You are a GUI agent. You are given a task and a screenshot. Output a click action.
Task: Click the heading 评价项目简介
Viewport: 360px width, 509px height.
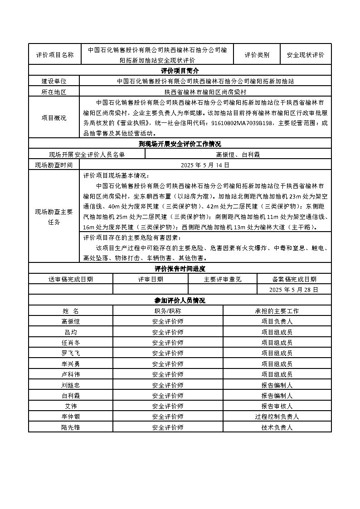tap(180, 71)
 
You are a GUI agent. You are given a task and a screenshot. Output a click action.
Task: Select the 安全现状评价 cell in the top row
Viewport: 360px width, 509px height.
tap(306, 55)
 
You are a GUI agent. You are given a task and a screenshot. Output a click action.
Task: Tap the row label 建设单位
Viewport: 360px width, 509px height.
tap(54, 81)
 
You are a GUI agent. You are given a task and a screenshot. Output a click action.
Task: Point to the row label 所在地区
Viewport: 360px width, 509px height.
tap(54, 92)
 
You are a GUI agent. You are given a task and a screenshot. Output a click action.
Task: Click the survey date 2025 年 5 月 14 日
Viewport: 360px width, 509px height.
tap(205, 165)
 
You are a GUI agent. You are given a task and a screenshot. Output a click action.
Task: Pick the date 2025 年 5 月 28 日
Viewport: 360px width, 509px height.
tap(294, 289)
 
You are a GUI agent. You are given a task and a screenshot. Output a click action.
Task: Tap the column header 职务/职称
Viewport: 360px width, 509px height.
tap(168, 311)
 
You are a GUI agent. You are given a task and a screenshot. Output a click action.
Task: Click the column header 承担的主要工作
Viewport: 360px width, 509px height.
tap(277, 311)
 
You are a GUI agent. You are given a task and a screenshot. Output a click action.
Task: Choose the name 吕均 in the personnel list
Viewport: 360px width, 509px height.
tap(70, 332)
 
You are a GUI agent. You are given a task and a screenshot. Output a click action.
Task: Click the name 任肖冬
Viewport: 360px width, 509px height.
tap(70, 343)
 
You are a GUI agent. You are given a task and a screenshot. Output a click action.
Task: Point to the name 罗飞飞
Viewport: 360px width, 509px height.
tap(70, 353)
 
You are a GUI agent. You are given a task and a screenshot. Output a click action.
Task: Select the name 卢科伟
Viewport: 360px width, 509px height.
tap(70, 374)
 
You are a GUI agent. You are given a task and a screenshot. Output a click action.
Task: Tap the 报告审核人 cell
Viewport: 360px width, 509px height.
tap(277, 406)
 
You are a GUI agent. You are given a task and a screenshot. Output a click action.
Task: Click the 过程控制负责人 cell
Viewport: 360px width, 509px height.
tap(277, 417)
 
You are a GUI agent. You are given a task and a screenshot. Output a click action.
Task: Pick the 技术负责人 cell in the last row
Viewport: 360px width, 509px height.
tap(277, 427)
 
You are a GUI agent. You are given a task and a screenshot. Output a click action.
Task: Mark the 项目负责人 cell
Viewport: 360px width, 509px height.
tap(277, 321)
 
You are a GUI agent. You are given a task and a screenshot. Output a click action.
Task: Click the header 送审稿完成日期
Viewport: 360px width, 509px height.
tap(71, 279)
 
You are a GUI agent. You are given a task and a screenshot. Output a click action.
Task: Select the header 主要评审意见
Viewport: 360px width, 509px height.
tap(223, 279)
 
